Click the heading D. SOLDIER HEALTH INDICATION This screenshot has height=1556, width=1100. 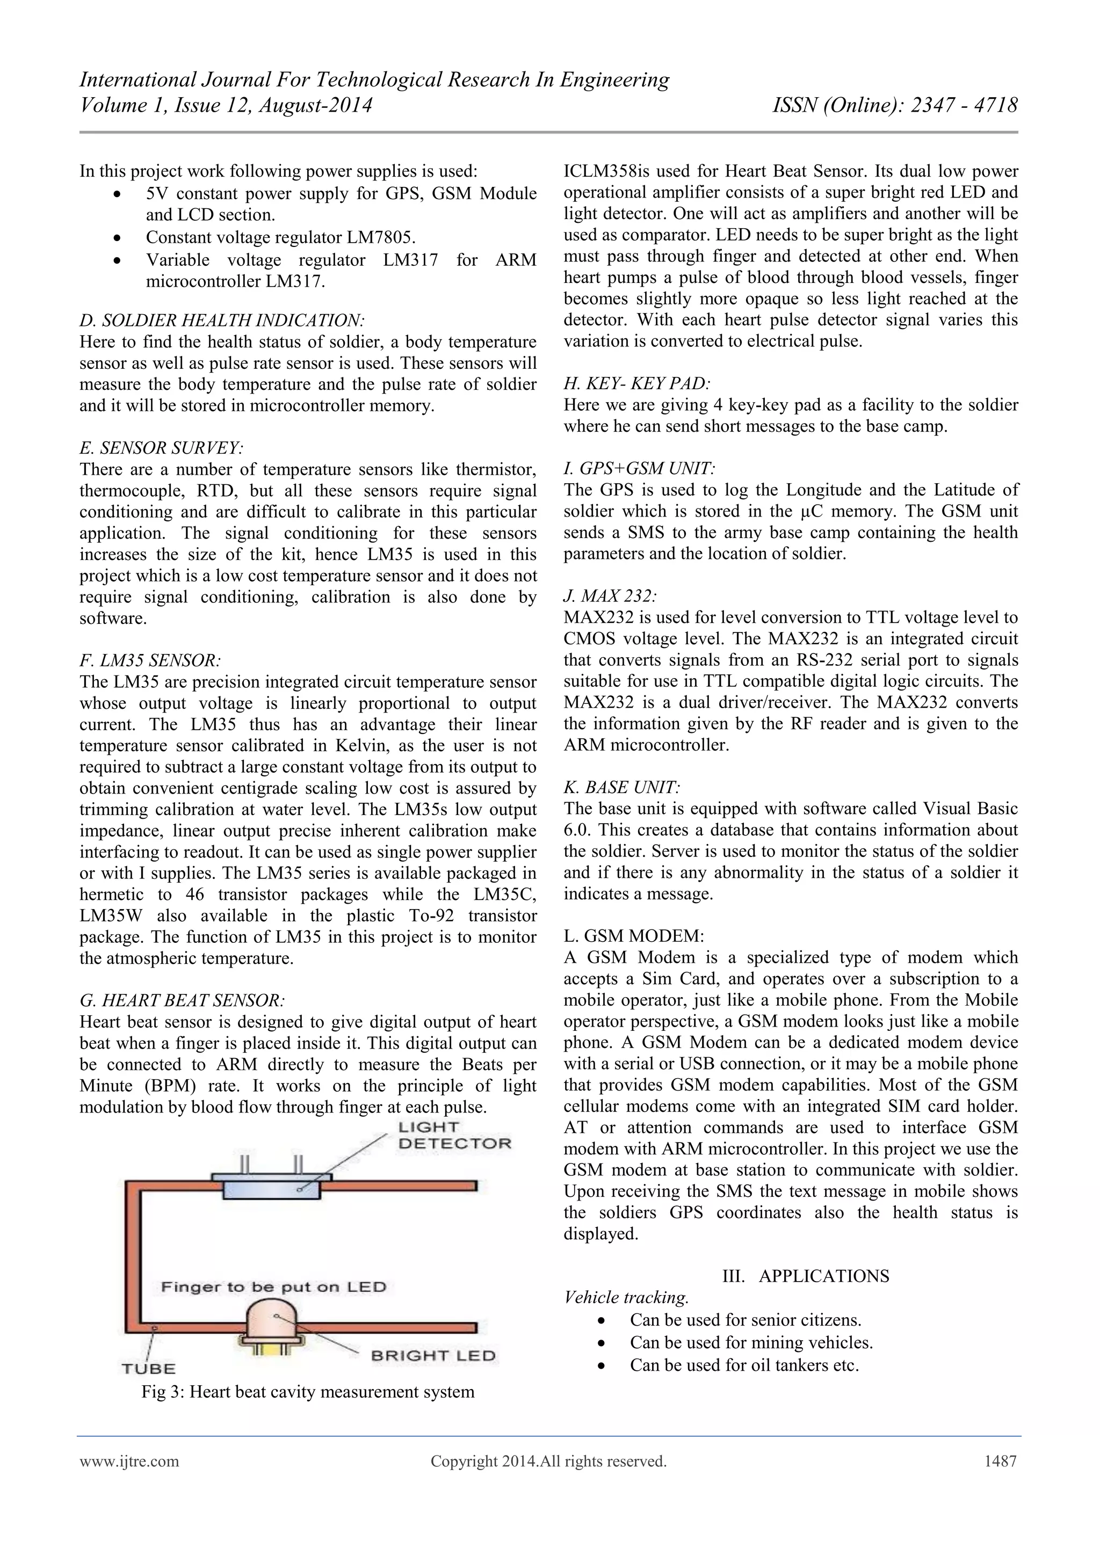tap(222, 321)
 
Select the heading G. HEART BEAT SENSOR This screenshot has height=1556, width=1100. tap(182, 1000)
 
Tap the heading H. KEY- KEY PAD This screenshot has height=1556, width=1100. tap(637, 383)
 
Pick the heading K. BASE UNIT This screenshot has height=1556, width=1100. tap(621, 788)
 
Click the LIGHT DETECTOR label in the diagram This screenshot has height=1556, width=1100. tap(453, 1135)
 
